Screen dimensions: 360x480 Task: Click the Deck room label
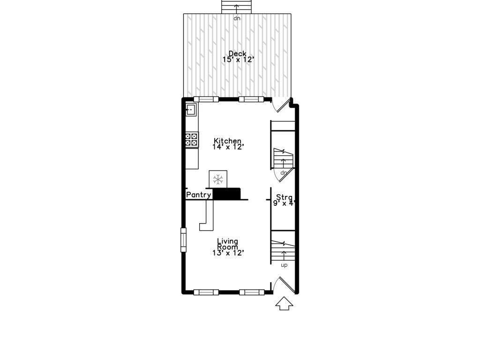click(x=237, y=53)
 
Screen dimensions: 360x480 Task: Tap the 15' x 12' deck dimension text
click(x=238, y=60)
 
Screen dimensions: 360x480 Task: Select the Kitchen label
click(x=228, y=141)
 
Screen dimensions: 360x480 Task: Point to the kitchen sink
click(x=191, y=110)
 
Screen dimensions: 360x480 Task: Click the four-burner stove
click(x=192, y=139)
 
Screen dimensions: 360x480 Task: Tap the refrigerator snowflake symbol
click(x=217, y=179)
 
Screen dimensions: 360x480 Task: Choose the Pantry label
click(x=199, y=195)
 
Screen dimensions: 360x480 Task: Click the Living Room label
click(x=227, y=244)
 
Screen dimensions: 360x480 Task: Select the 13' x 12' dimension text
click(x=228, y=253)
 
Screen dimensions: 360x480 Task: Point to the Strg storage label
click(x=284, y=197)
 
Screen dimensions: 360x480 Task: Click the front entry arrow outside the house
click(x=284, y=303)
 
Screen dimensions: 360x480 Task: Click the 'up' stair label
click(x=284, y=265)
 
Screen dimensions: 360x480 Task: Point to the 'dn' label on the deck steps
click(x=237, y=18)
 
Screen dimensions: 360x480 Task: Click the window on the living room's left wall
click(x=183, y=239)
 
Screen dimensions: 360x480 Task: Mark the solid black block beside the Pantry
click(x=227, y=194)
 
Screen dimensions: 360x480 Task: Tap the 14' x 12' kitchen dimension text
click(x=229, y=147)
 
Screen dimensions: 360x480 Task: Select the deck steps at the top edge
click(x=237, y=7)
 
